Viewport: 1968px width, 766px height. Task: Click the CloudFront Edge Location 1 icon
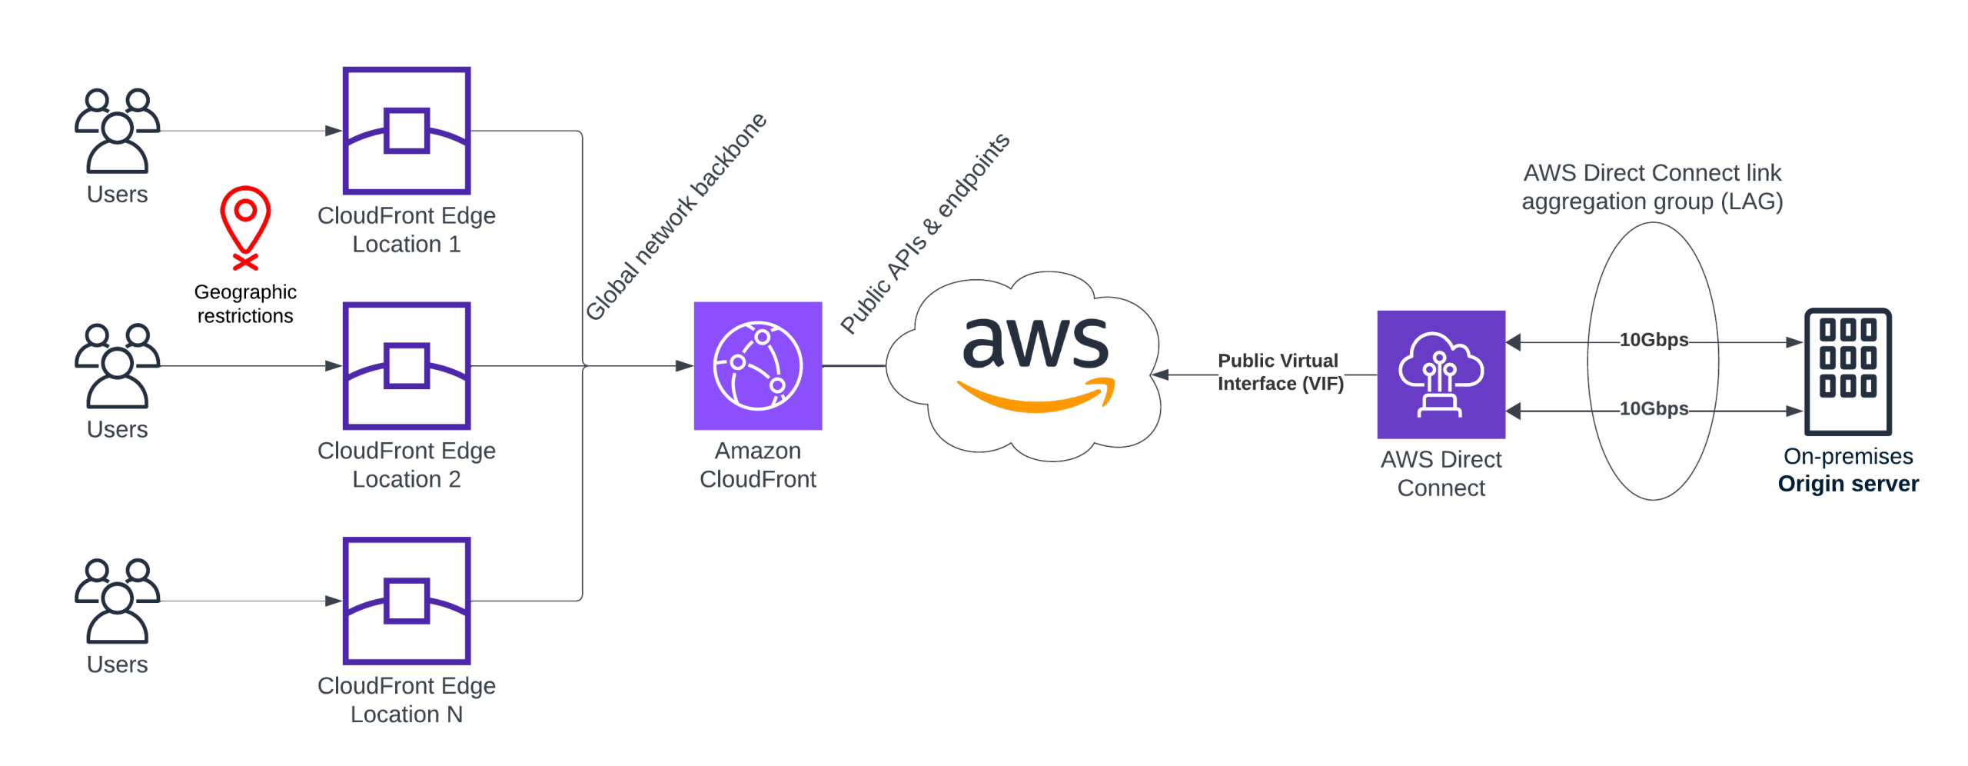click(406, 130)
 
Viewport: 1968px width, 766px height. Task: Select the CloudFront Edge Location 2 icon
click(406, 365)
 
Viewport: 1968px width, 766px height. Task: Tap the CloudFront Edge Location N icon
click(406, 600)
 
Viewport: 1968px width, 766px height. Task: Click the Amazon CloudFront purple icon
click(757, 365)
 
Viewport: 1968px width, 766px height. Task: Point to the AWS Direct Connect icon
click(1440, 375)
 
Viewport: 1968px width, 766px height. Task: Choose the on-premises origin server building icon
click(1847, 371)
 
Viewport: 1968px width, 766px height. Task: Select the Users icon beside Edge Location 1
click(117, 131)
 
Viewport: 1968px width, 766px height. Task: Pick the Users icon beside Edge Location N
click(117, 601)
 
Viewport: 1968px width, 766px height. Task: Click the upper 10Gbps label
click(1653, 340)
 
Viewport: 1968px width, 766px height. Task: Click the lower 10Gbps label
click(1653, 408)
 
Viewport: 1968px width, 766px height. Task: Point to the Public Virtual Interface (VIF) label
click(1279, 372)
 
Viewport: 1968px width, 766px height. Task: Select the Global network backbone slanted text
click(676, 216)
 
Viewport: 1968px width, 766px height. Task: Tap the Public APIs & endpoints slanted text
click(924, 233)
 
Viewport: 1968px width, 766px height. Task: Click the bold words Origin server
click(1847, 484)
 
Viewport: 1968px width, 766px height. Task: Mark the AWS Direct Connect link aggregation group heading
click(1651, 187)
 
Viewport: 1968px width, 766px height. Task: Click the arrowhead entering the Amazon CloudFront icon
click(683, 366)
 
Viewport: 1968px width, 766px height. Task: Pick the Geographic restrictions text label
click(245, 304)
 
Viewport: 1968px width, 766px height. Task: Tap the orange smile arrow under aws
click(1036, 395)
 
